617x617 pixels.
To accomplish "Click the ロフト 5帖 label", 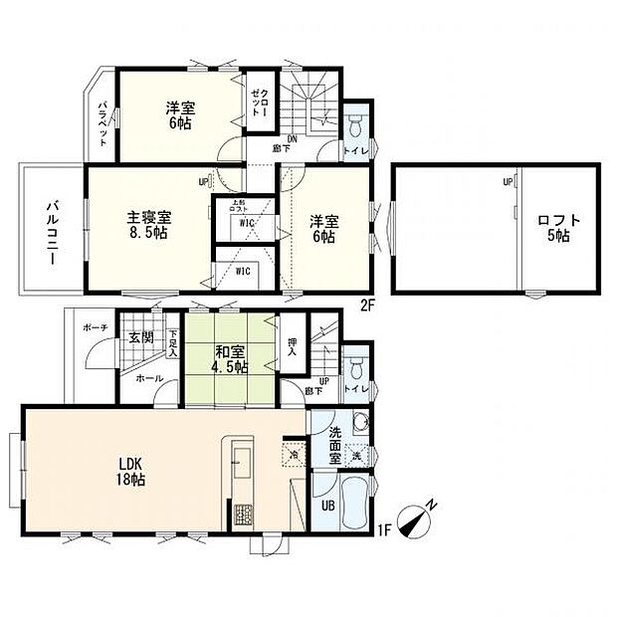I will click(x=553, y=228).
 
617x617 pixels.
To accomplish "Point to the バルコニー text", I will click(x=48, y=231).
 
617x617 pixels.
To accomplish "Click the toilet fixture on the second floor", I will click(x=356, y=126).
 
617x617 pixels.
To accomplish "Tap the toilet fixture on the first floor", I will click(x=356, y=364).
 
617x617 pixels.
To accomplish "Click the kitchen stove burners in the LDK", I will click(x=244, y=515).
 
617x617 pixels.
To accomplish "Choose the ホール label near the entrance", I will click(x=149, y=379).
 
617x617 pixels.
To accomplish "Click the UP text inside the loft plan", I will click(x=507, y=182).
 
